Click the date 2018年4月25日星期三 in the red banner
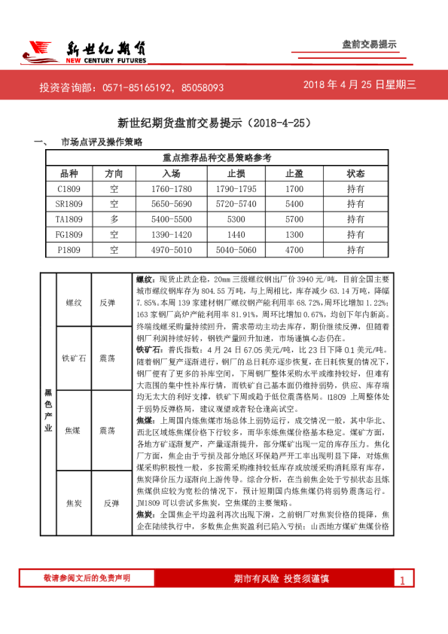[359, 85]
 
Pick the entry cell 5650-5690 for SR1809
[172, 204]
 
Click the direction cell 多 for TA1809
[114, 219]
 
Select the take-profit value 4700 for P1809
[294, 249]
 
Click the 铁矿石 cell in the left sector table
[74, 358]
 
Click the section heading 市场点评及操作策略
[102, 142]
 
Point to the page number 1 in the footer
[402, 580]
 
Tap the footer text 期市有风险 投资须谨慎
[282, 579]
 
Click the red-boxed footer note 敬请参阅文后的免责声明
[87, 578]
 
